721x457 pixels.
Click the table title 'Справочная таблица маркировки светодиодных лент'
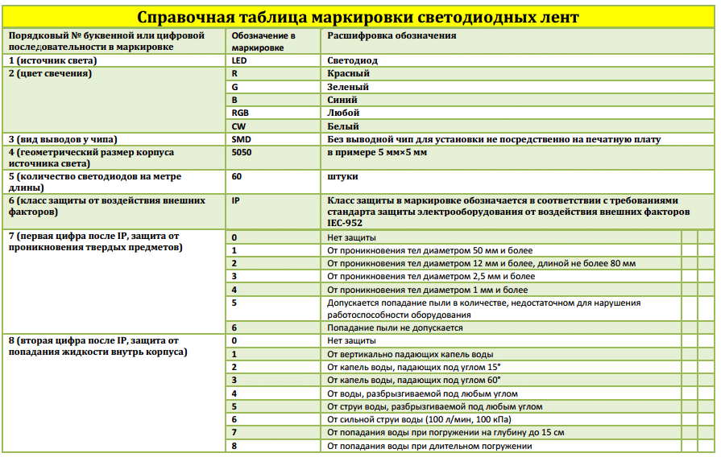pyautogui.click(x=358, y=16)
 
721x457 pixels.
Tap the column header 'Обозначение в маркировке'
pyautogui.click(x=263, y=42)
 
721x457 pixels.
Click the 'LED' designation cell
pyautogui.click(x=238, y=60)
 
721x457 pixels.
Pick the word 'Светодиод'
pyautogui.click(x=353, y=60)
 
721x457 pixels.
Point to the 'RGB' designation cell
pyautogui.click(x=239, y=113)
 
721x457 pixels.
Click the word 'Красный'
pyautogui.click(x=349, y=73)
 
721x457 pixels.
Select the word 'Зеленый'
pyautogui.click(x=348, y=87)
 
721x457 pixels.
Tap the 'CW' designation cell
pyautogui.click(x=238, y=126)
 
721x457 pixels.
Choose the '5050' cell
pyautogui.click(x=240, y=152)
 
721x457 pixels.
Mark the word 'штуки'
pyautogui.click(x=342, y=176)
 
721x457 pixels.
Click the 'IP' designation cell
pyautogui.click(x=235, y=200)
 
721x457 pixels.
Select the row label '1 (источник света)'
pyautogui.click(x=52, y=60)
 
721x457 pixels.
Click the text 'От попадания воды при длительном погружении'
pyautogui.click(x=429, y=446)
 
